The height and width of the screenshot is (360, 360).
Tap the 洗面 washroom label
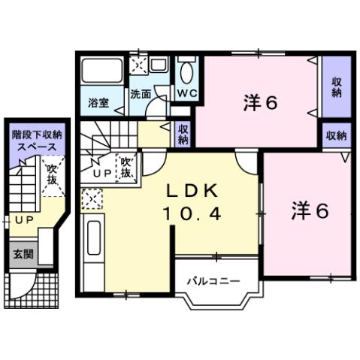click(141, 95)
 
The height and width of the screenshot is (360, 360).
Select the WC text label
click(186, 93)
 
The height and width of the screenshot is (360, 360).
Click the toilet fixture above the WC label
click(186, 71)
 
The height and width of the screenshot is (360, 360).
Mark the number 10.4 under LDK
click(191, 214)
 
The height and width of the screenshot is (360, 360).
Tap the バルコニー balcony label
click(213, 281)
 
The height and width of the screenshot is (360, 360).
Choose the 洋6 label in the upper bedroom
click(261, 103)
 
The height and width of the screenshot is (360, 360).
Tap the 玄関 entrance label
click(22, 254)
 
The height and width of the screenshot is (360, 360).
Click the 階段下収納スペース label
click(38, 140)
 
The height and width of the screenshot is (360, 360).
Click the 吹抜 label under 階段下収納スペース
click(52, 177)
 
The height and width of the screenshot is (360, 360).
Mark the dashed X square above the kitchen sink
click(91, 199)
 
